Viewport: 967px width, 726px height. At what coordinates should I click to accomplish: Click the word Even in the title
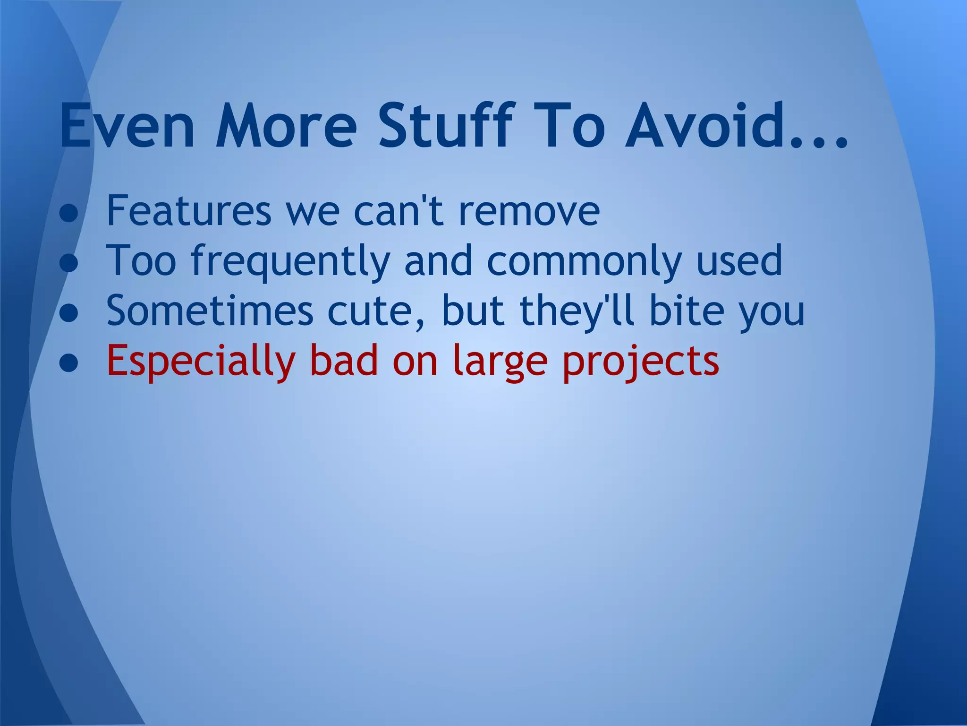(127, 126)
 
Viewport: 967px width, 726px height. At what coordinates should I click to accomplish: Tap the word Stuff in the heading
(445, 126)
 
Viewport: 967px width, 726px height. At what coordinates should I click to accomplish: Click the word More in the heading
(286, 126)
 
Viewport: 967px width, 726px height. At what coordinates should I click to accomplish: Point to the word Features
(189, 210)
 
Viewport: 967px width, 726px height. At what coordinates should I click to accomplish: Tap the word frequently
(291, 261)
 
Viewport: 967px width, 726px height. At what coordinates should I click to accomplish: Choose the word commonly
(585, 261)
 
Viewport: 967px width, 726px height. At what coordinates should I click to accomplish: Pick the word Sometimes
(210, 311)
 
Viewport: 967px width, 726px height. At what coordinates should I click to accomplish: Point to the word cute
(374, 311)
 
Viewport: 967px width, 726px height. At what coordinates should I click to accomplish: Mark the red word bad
(344, 361)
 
